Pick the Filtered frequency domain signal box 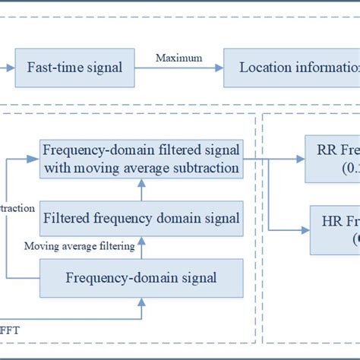[141, 219]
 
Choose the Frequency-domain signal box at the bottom [141, 277]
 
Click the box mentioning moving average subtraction [141, 159]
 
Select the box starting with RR [333, 159]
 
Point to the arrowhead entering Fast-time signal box [10, 68]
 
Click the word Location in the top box [264, 68]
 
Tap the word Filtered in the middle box [66, 219]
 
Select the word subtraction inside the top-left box [201, 167]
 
